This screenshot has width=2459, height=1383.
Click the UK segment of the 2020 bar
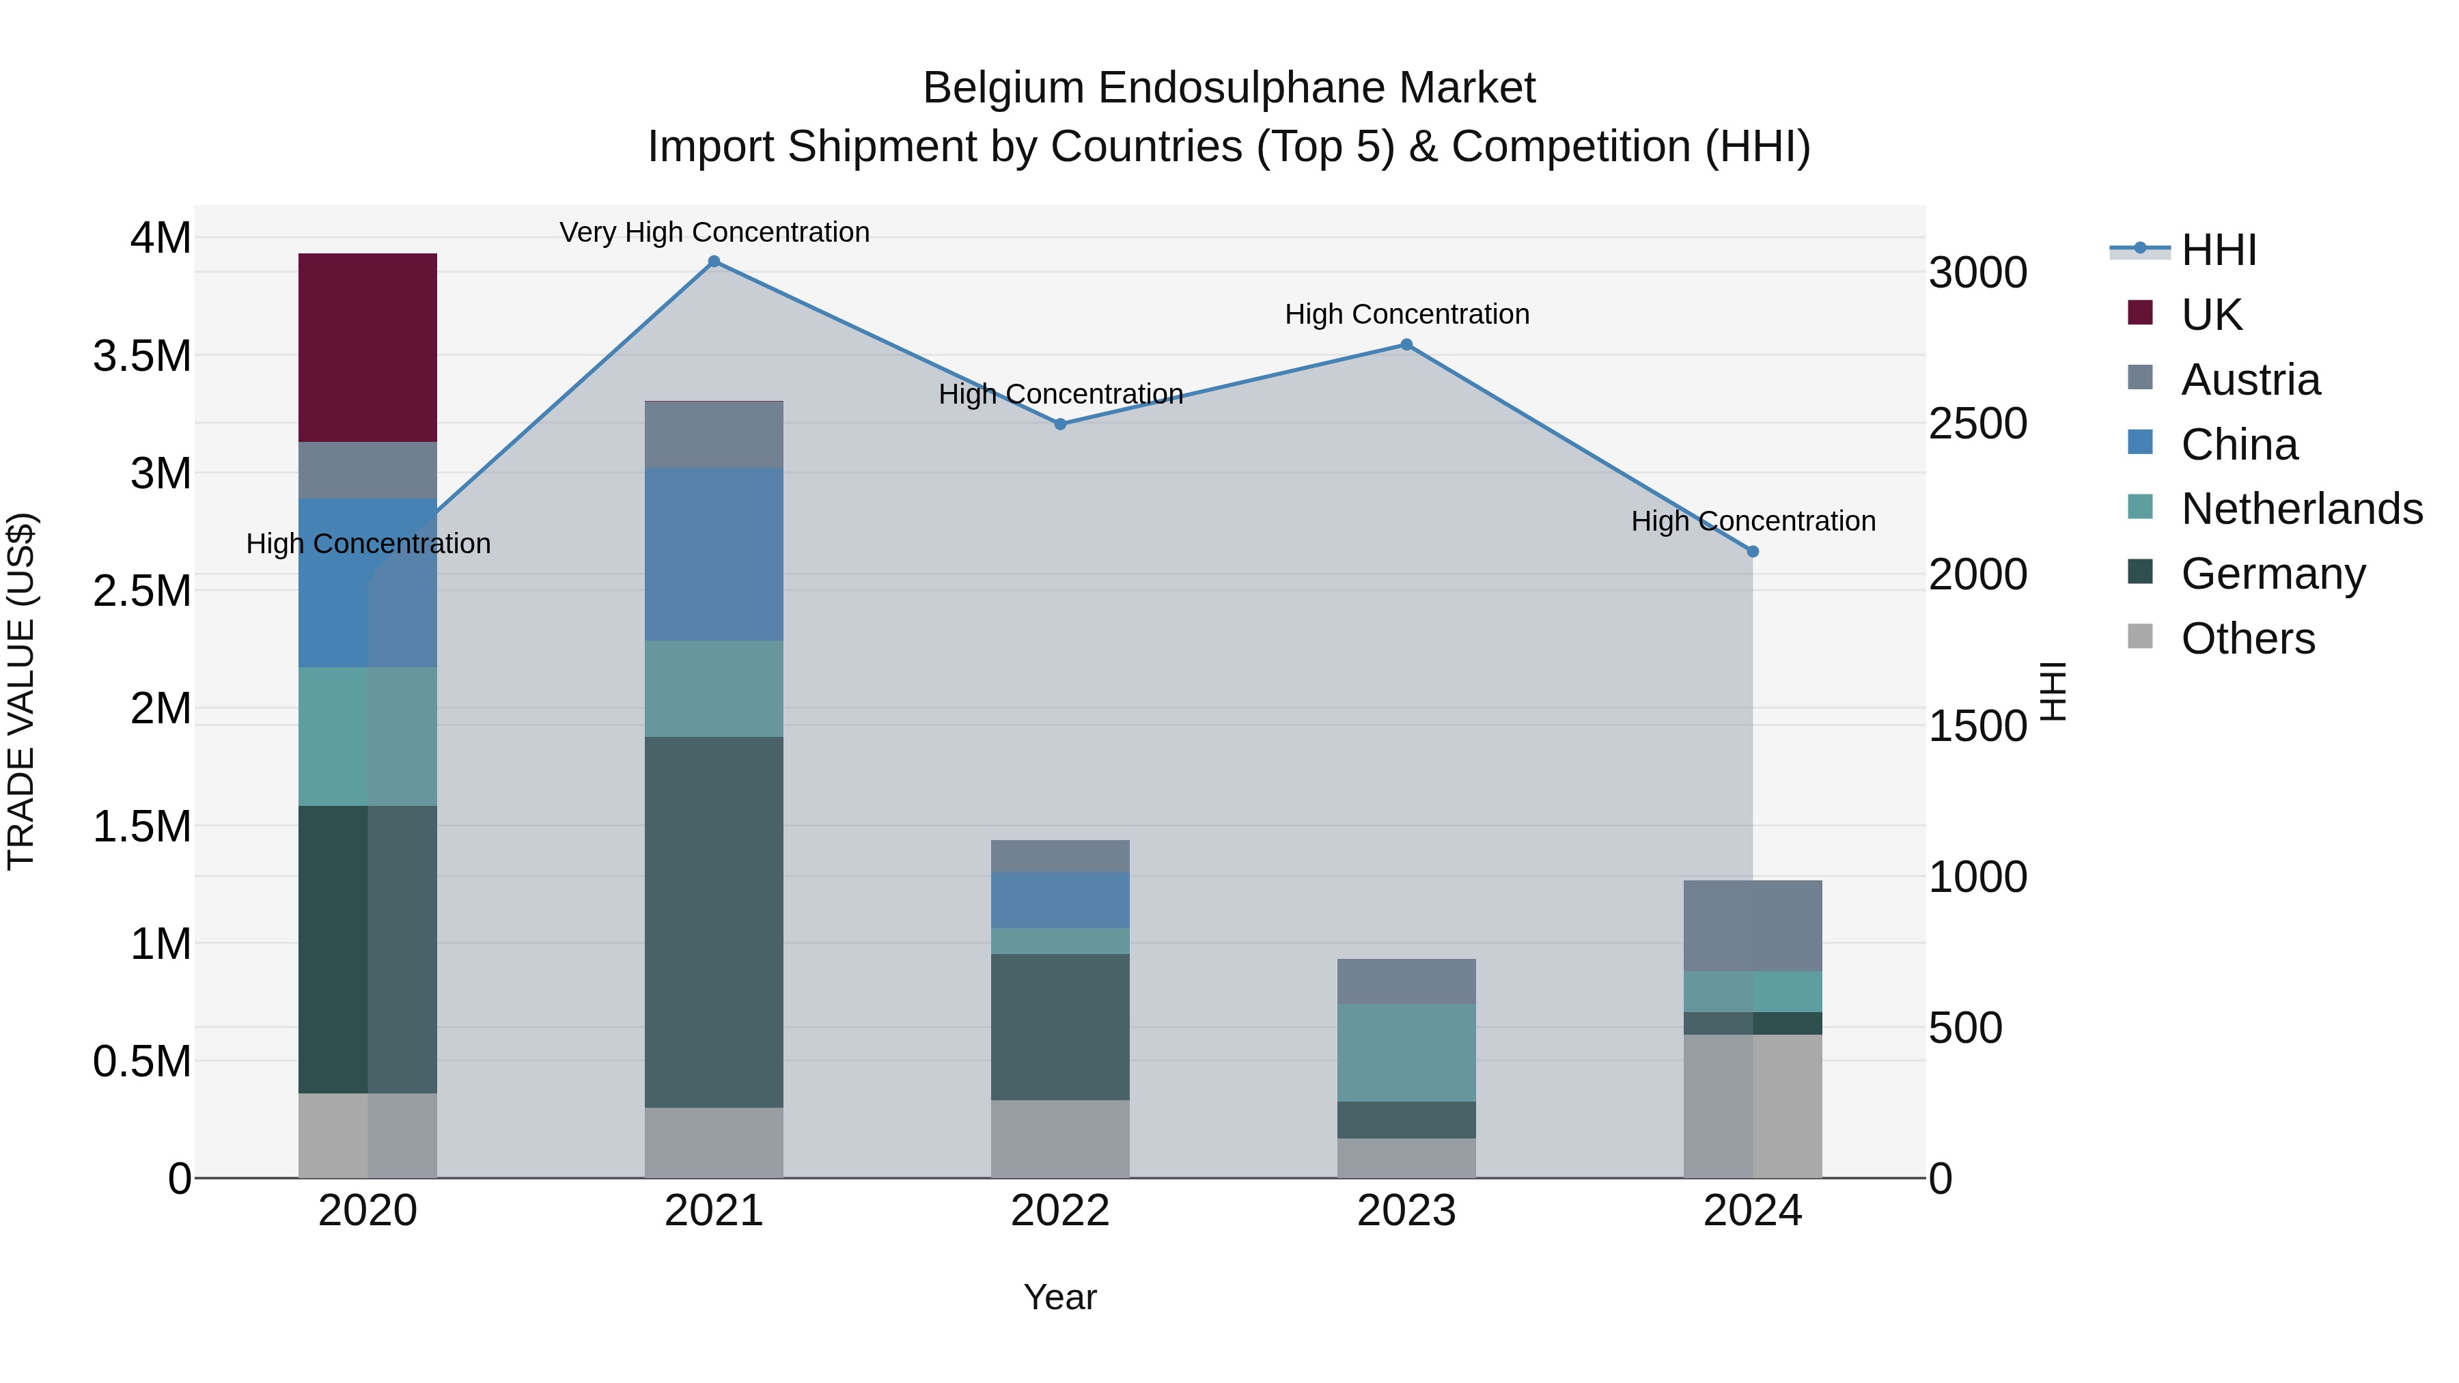coord(367,348)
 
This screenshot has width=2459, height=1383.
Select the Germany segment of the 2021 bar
coord(714,921)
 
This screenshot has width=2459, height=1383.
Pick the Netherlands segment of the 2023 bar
coord(1406,1052)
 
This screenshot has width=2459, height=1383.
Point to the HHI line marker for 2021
coord(714,262)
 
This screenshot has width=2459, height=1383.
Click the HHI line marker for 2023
coord(1406,345)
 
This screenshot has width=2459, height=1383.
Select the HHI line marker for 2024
coord(1753,552)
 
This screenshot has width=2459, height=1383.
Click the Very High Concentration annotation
coord(714,232)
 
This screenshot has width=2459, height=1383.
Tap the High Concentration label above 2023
coord(1406,314)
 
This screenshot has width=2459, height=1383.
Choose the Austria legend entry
coord(2250,380)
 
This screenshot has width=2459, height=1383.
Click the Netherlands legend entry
coord(2301,509)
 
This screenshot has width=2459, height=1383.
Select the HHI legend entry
coord(2219,250)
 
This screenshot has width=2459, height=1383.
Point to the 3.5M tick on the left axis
coord(142,356)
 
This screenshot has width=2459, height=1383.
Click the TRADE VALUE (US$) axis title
coord(21,691)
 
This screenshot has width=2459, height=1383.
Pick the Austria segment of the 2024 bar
coord(1753,925)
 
